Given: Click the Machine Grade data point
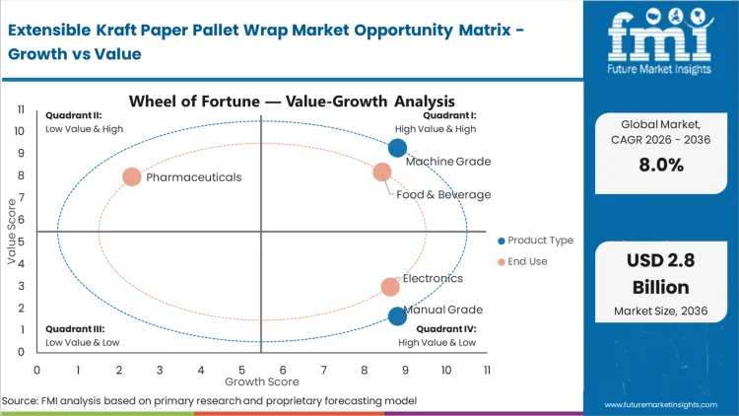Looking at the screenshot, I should point(397,148).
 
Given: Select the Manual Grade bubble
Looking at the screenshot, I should point(397,315).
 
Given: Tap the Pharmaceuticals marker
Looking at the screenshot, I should point(132,177).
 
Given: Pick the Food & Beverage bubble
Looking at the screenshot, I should point(382,173).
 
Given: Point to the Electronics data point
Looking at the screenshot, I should point(390,287).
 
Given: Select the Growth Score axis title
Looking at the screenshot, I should point(261,381).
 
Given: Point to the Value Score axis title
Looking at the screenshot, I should point(13,233).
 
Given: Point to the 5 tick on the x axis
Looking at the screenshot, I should point(241,370).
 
